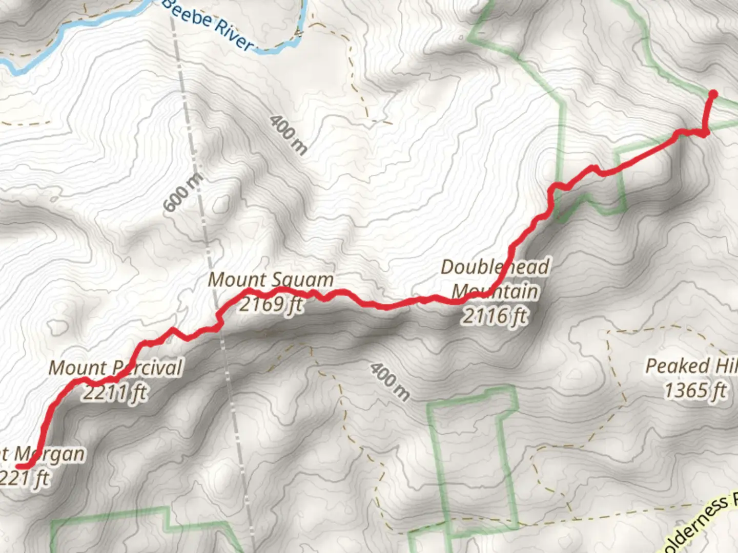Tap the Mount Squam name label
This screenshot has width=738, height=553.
[x=271, y=280]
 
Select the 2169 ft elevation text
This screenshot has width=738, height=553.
[x=271, y=304]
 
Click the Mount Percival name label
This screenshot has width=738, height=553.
[x=115, y=368]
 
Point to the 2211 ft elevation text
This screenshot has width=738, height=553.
[x=115, y=392]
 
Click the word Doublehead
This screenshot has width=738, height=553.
[x=495, y=267]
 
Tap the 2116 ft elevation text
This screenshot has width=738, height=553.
[x=495, y=316]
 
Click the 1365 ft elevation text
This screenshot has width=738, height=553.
[x=695, y=391]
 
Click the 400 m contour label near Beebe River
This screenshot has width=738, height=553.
[x=289, y=135]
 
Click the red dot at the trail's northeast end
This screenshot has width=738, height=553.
[x=712, y=94]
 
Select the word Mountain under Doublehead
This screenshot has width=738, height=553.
[x=495, y=292]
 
